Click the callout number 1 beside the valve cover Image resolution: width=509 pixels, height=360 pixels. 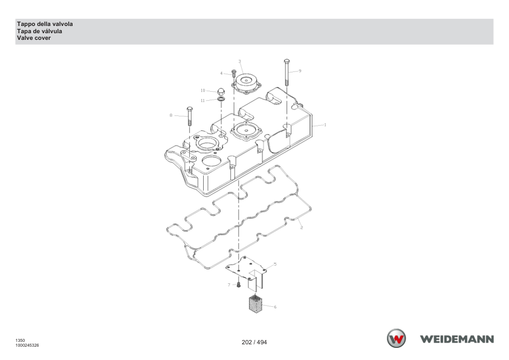[x=325, y=125]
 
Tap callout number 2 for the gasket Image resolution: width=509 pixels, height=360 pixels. [x=301, y=227]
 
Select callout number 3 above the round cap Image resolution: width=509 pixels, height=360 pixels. [x=239, y=61]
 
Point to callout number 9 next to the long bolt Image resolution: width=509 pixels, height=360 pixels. [x=300, y=71]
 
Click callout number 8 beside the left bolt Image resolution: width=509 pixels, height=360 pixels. [x=171, y=115]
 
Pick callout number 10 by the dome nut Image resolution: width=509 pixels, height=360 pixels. [x=203, y=91]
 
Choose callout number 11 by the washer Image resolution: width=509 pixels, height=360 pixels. [x=203, y=100]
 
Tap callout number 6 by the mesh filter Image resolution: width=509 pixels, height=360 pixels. [x=275, y=307]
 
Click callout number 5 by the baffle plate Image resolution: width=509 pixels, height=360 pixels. [x=275, y=265]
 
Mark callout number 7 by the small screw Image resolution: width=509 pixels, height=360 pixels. [x=229, y=285]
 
